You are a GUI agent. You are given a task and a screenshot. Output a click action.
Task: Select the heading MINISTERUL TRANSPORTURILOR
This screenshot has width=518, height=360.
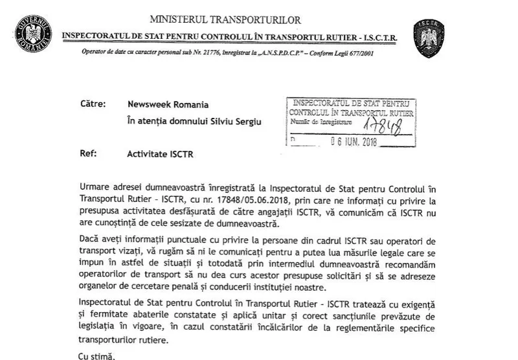(225, 21)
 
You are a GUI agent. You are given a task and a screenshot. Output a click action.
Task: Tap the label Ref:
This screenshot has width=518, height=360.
(88, 155)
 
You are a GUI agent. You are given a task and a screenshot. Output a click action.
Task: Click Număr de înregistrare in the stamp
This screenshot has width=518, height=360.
(322, 122)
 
